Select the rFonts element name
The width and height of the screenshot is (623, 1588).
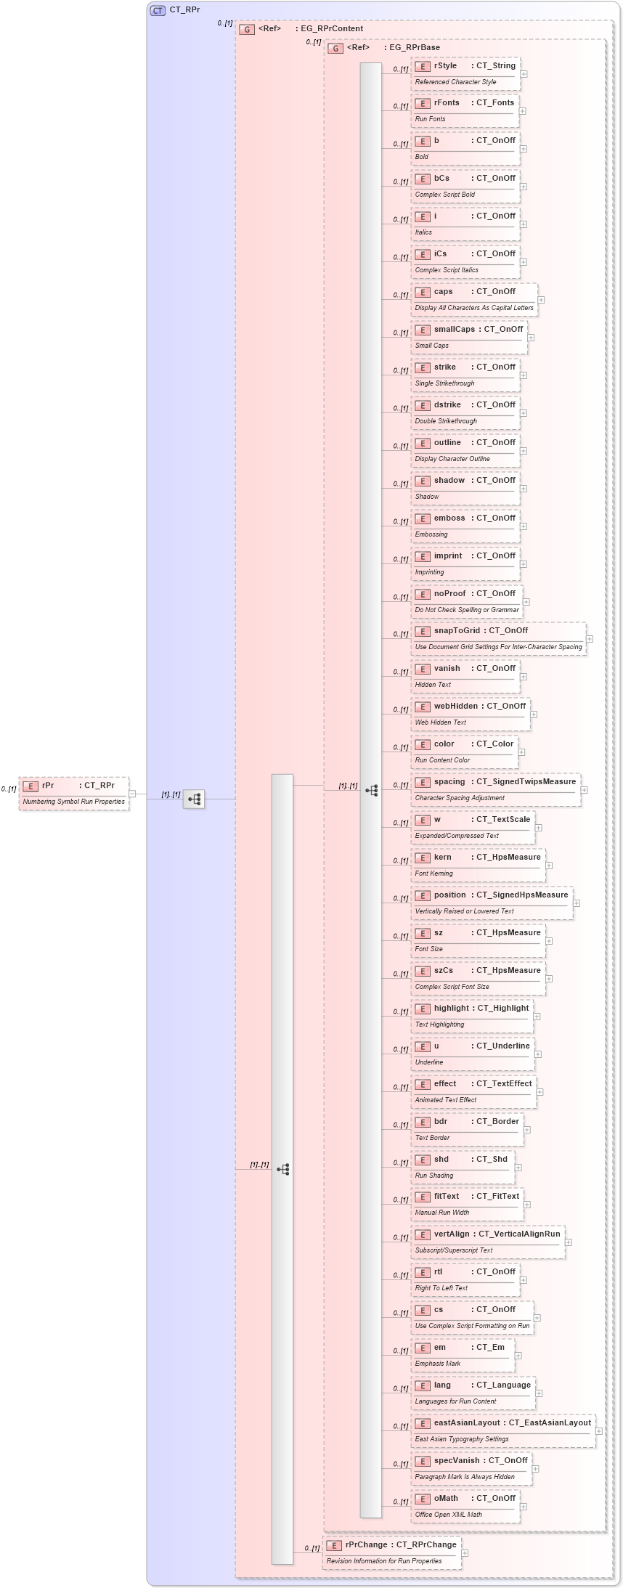[447, 103]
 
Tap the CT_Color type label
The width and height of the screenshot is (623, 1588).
[494, 744]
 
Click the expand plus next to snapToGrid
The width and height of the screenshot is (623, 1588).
[590, 639]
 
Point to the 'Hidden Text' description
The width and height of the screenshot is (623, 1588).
[433, 685]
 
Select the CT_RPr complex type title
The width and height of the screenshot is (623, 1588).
[184, 10]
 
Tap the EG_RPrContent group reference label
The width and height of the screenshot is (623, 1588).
[332, 29]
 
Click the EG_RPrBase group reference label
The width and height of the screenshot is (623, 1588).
[414, 48]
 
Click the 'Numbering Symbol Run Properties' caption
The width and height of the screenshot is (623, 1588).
[73, 802]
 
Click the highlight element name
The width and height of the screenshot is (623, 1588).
[451, 1009]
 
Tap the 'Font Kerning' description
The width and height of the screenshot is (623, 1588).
[433, 874]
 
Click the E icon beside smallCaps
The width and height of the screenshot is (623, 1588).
[422, 330]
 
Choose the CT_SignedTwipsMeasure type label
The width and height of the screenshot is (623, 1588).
[526, 782]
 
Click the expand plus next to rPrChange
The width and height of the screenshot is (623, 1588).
[465, 1553]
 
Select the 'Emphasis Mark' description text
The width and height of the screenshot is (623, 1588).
[437, 1364]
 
